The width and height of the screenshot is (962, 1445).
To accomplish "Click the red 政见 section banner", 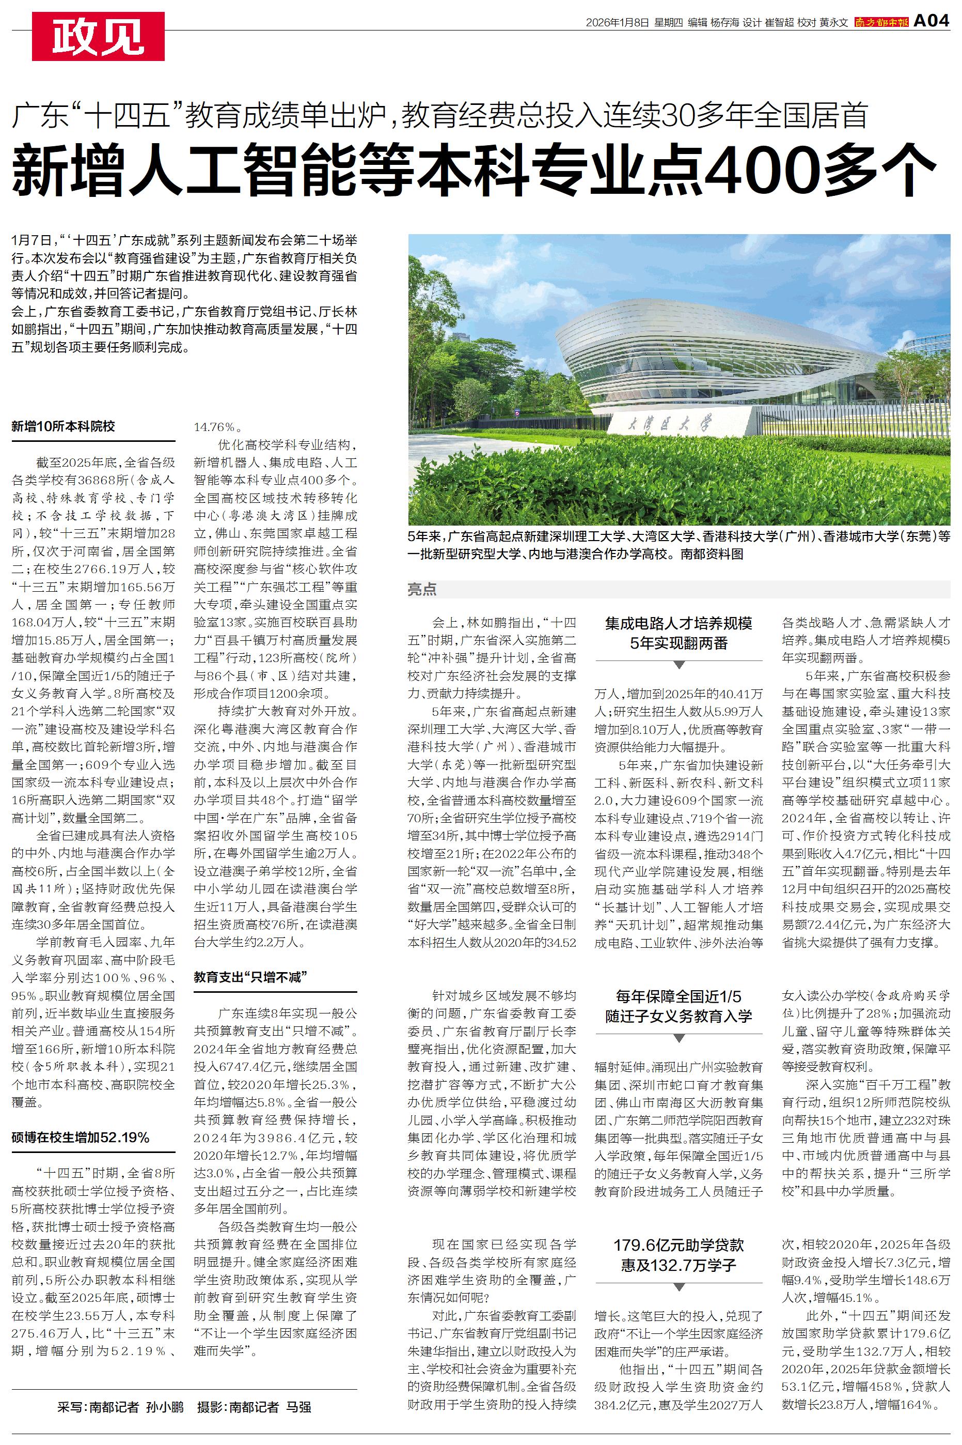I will [98, 36].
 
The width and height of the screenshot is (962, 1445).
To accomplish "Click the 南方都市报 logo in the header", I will [881, 23].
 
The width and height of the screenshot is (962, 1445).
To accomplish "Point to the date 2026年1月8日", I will [617, 23].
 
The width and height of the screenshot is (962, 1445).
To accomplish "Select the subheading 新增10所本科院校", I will [63, 426].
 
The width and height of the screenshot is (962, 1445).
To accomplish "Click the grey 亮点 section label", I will [422, 589].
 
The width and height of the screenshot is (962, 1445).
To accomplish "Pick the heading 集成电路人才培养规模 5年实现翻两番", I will [679, 633].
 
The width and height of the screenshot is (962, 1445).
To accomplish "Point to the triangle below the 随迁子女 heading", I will [679, 1038].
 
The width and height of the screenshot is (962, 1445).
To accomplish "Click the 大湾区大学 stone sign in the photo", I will [679, 424].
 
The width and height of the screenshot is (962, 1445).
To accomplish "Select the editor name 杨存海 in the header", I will [724, 23].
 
